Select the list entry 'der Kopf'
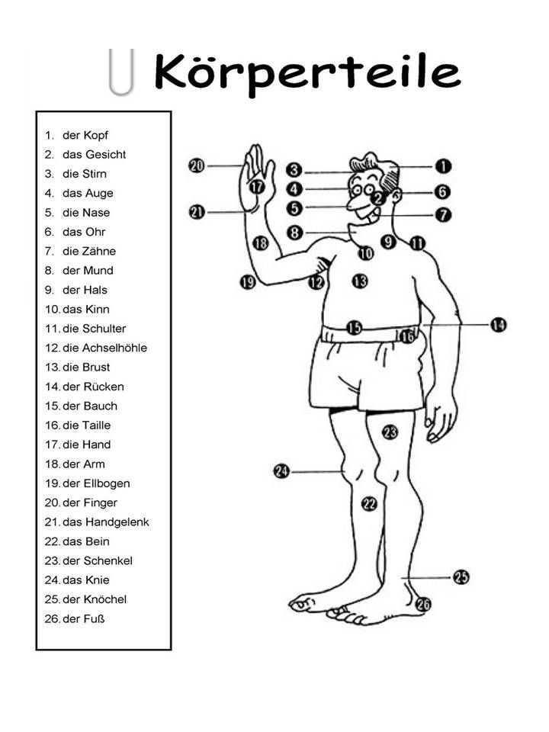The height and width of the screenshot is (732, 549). [x=85, y=135]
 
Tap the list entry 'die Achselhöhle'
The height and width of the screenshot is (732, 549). [x=104, y=348]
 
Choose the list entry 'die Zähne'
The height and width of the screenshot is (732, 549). [x=89, y=251]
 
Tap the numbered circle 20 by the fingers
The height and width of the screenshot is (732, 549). [x=197, y=165]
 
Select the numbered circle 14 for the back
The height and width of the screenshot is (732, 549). [x=498, y=325]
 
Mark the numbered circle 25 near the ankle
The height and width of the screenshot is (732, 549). [x=461, y=576]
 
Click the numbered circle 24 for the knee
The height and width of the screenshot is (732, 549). [x=281, y=471]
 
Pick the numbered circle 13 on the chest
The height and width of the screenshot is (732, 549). [x=360, y=281]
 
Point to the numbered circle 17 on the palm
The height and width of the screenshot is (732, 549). [x=257, y=185]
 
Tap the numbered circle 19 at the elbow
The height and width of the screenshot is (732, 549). [x=247, y=282]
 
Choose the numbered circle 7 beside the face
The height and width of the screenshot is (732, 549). [x=443, y=215]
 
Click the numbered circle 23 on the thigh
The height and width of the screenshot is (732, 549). [x=390, y=432]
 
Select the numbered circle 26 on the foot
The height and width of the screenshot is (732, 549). [x=423, y=604]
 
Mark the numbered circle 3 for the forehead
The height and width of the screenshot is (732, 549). [x=295, y=170]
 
